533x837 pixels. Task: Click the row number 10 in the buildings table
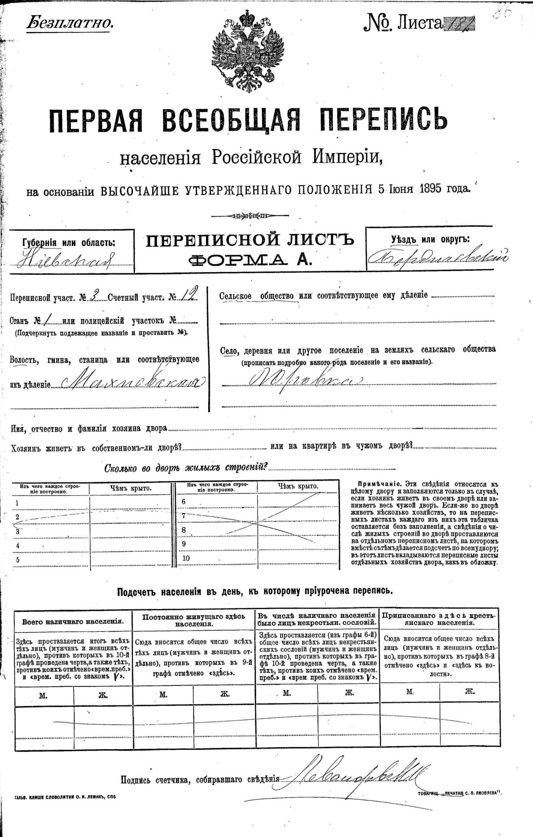click(186, 558)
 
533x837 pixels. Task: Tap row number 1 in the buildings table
click(17, 503)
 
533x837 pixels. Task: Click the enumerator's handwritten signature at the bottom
click(354, 776)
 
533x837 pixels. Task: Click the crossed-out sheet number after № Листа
click(459, 24)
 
